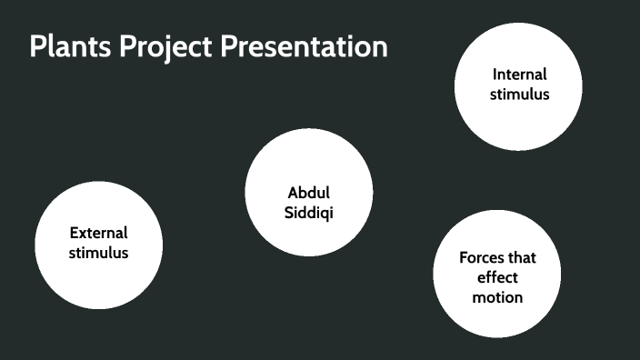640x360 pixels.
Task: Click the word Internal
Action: tap(520, 75)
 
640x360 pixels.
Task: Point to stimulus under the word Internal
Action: tap(520, 94)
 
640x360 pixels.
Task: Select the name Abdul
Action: tap(308, 193)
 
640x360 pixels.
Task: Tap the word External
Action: tap(98, 233)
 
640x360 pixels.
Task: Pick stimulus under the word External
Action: tap(98, 253)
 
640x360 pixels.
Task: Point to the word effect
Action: tap(497, 277)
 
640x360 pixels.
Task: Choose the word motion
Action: tap(497, 297)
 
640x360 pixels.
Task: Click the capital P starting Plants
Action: tap(36, 46)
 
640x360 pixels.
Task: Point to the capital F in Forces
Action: tap(464, 257)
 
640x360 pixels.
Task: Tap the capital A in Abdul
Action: tap(293, 193)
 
